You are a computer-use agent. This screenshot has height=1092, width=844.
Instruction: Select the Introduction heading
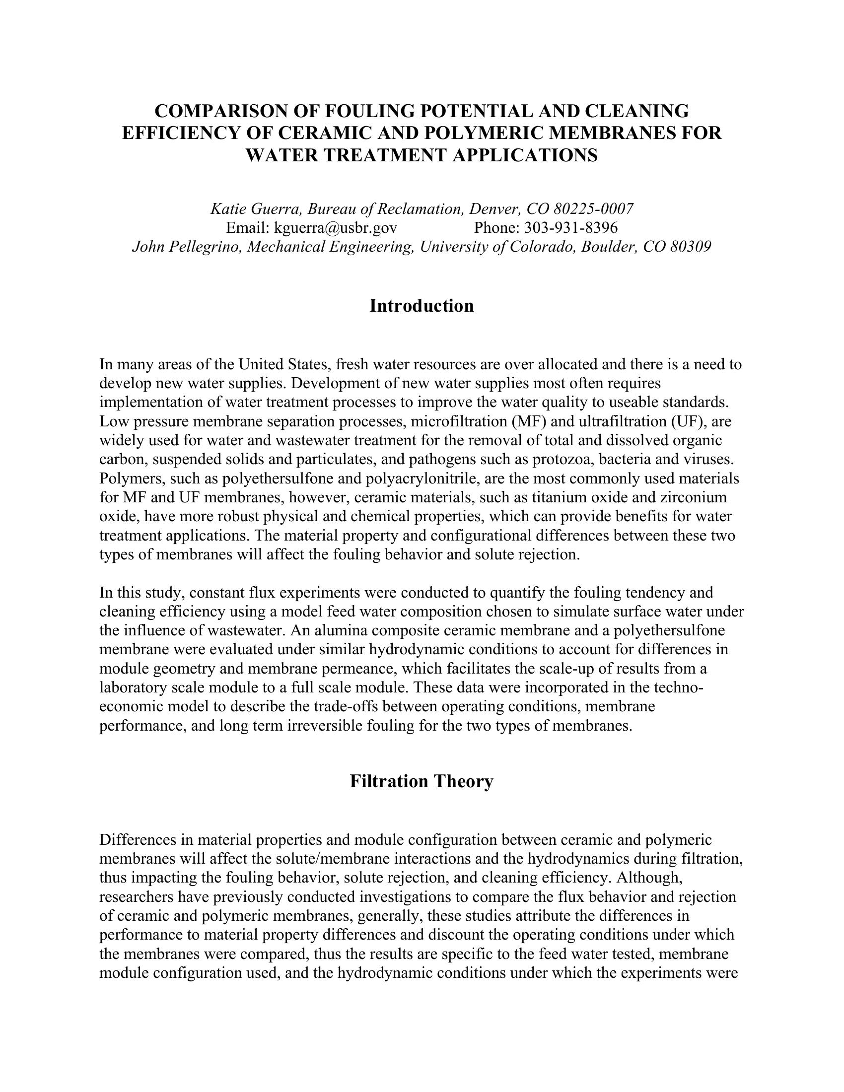tap(422, 305)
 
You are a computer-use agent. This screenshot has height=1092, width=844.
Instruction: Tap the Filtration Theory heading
tap(422, 781)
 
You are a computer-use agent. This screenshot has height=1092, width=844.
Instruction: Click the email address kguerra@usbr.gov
tap(336, 228)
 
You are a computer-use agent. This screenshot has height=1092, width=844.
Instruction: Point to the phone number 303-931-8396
tap(570, 228)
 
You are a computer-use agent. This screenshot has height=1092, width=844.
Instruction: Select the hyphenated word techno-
tap(677, 687)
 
